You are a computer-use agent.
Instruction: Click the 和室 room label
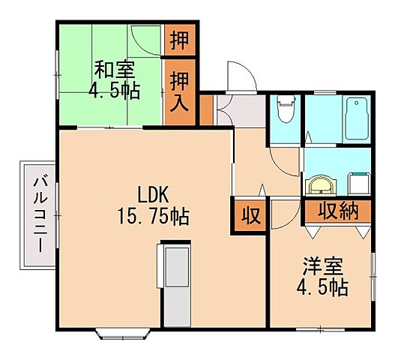click(114, 69)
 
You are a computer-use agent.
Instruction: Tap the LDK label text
click(152, 192)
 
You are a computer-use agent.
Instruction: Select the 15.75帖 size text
click(153, 217)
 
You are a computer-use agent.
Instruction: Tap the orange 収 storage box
click(250, 216)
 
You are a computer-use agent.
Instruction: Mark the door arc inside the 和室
click(142, 37)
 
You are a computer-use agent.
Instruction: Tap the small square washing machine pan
click(361, 182)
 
